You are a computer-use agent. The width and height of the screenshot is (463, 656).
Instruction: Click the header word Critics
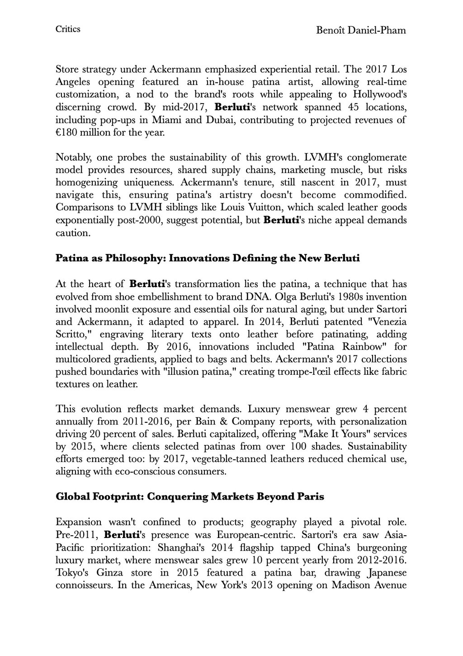coord(68,29)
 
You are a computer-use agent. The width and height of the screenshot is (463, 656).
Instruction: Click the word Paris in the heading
coord(309,496)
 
